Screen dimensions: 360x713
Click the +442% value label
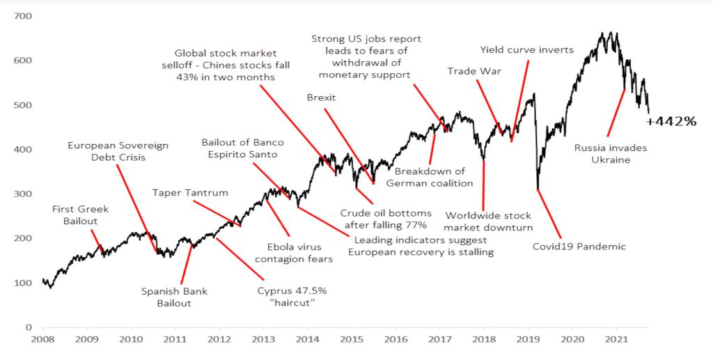pos(671,121)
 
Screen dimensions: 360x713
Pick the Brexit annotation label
pos(321,98)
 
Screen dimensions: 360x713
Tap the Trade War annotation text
pos(474,71)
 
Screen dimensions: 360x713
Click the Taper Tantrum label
pos(190,193)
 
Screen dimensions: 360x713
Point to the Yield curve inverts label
pos(527,50)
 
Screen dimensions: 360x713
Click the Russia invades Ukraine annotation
pos(611,153)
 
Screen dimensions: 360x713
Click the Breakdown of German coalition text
pos(430,177)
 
